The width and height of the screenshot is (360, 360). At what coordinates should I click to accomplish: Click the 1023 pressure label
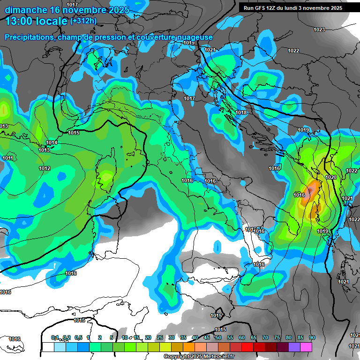point(319,30)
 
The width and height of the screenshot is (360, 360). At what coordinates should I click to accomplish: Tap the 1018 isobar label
point(241,112)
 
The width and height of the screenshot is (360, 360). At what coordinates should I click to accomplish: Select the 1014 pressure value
point(52,142)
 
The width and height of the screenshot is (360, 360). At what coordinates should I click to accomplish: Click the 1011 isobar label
point(7,158)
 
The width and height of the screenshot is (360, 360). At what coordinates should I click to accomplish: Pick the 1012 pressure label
point(45,168)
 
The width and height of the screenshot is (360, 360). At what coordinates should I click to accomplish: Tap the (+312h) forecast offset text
point(83,21)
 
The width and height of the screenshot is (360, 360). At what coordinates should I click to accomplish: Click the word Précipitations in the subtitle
point(28,37)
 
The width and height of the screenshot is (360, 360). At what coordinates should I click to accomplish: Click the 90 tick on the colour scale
point(312,337)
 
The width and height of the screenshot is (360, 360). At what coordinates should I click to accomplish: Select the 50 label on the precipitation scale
point(218,337)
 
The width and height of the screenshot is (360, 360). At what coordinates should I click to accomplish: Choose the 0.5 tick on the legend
point(78,337)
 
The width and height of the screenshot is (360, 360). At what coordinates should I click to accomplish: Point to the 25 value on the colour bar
point(160,337)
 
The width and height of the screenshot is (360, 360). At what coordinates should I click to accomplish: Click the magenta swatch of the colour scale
point(306,347)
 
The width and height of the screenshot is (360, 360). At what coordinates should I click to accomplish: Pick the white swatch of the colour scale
point(48,347)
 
